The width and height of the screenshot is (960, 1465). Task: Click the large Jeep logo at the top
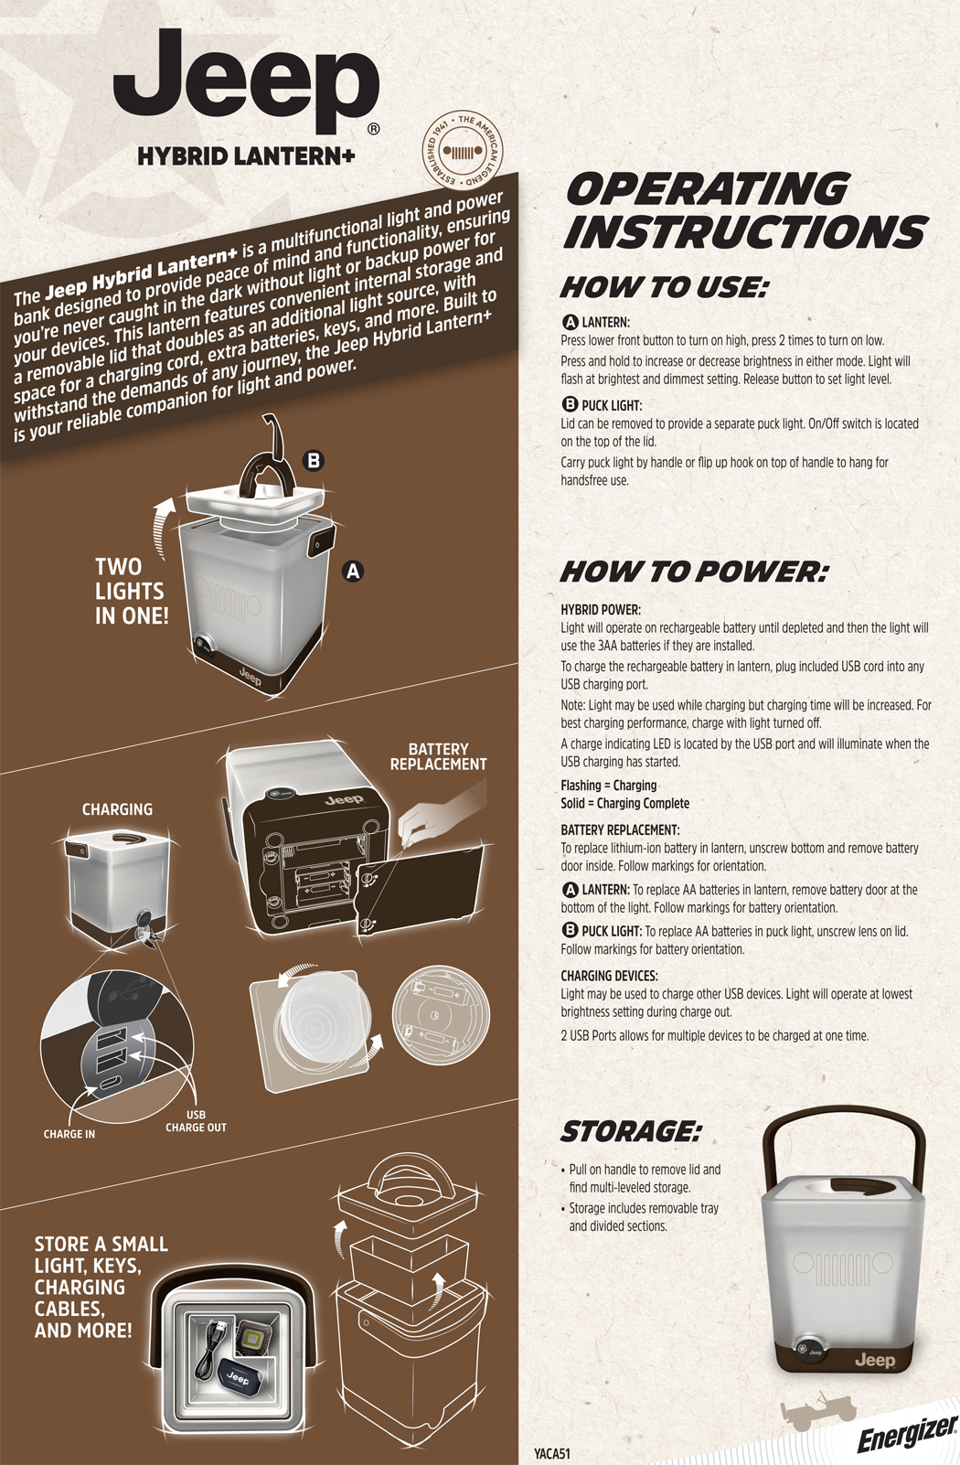(247, 81)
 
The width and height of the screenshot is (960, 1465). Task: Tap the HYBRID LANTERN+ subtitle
(246, 156)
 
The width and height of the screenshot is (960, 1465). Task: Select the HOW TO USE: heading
(663, 288)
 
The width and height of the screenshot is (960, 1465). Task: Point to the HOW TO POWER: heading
(694, 572)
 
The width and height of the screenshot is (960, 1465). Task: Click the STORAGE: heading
(631, 1131)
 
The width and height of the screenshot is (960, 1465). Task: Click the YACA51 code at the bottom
(552, 1454)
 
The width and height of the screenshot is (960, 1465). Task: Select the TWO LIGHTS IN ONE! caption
(132, 592)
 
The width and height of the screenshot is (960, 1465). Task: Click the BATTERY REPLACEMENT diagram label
(438, 756)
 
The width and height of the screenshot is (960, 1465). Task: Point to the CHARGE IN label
(69, 1134)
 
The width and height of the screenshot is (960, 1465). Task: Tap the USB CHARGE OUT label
(196, 1121)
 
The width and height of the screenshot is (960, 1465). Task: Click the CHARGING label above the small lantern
(117, 809)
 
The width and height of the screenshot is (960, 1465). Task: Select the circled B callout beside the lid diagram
(314, 461)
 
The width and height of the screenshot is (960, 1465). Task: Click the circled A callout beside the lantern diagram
(353, 572)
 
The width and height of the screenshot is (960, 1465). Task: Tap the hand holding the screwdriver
(442, 809)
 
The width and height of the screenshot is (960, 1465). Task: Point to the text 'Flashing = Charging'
(608, 786)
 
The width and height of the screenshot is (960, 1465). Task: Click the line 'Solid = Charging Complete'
(624, 803)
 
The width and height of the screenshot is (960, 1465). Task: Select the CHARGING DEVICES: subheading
(609, 976)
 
